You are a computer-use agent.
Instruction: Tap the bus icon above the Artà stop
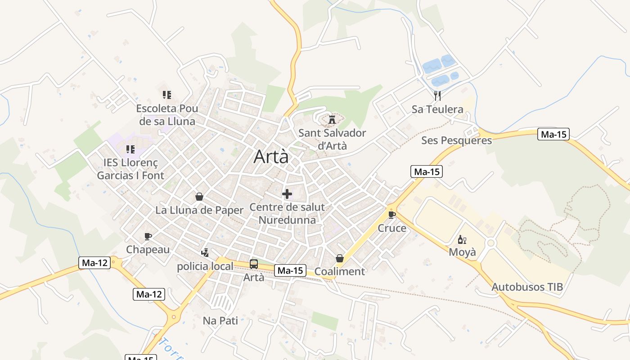point(254,264)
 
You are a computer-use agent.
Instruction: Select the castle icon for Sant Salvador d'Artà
point(332,120)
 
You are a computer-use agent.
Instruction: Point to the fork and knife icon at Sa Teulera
point(437,95)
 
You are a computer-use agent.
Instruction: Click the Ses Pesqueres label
point(456,140)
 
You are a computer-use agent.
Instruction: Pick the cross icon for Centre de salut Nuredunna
point(287,194)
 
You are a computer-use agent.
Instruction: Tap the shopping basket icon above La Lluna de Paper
point(199,197)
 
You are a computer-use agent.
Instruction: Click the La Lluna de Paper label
point(199,210)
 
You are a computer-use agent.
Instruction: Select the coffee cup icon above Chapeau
point(148,237)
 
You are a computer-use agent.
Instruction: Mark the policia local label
point(205,266)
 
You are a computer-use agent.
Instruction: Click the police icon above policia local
point(205,253)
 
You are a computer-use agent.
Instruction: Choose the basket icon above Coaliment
point(340,258)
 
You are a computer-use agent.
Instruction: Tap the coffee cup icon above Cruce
point(391,215)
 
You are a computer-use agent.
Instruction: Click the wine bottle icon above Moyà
point(462,239)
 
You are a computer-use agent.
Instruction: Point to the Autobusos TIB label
point(527,287)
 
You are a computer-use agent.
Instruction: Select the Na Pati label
point(220,321)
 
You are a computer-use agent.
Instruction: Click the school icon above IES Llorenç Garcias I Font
point(130,149)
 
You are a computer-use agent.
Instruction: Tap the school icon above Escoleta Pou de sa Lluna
point(167,95)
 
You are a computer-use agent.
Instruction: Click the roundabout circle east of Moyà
point(490,243)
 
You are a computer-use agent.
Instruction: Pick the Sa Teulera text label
point(437,109)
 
